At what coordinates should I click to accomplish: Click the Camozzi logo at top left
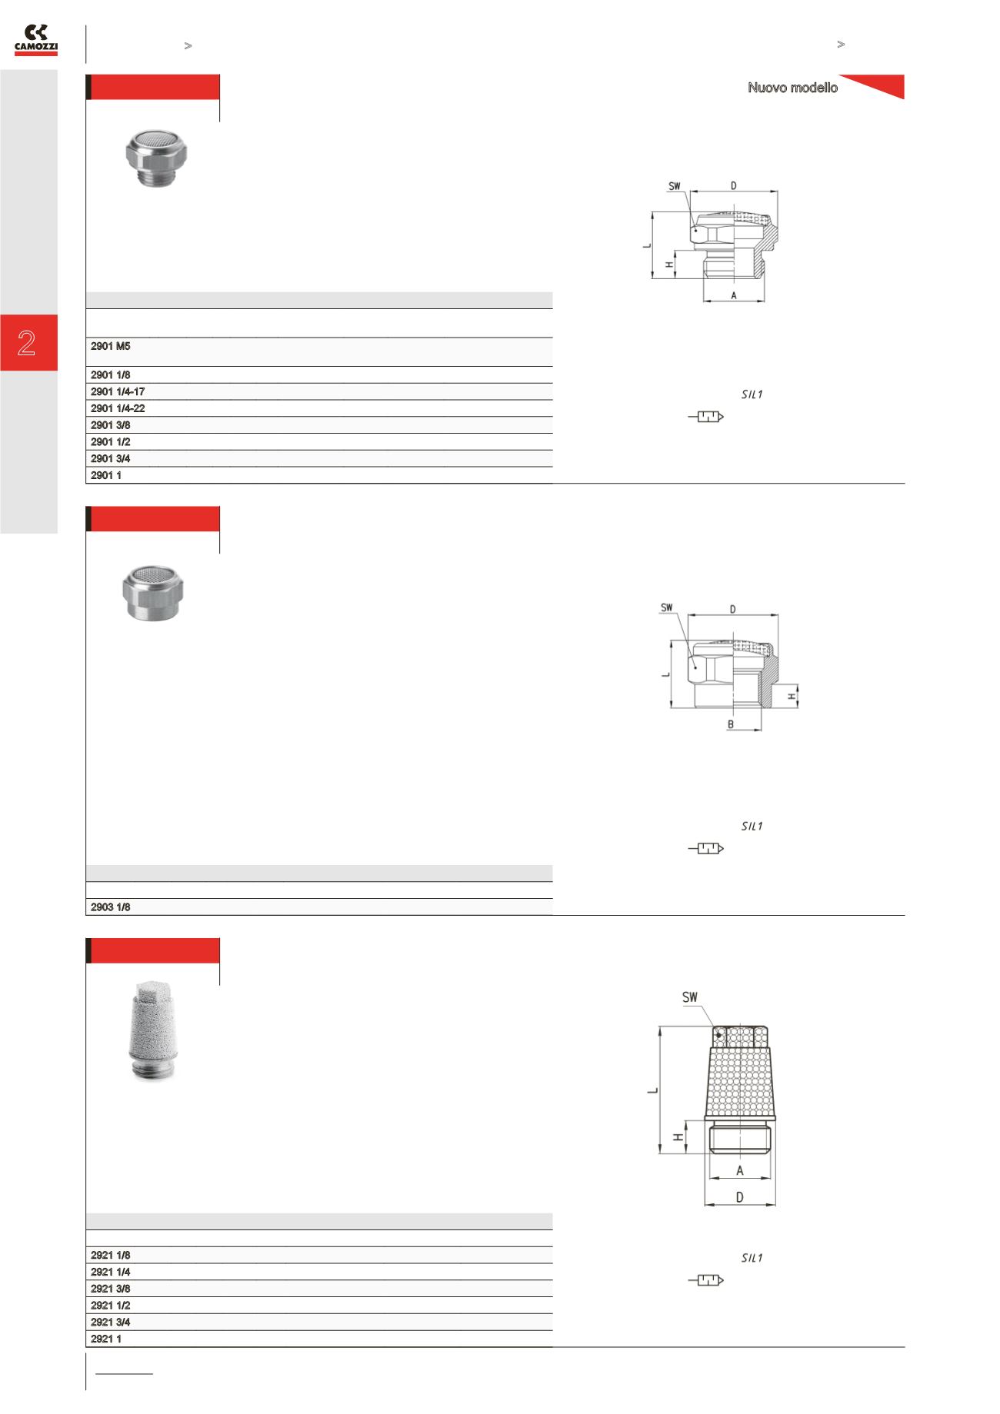click(x=36, y=39)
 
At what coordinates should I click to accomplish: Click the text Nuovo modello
click(x=792, y=88)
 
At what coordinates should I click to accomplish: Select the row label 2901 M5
click(x=111, y=346)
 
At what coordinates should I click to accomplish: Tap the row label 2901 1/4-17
click(x=118, y=391)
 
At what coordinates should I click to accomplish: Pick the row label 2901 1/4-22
click(x=118, y=408)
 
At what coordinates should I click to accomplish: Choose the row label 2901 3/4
click(x=111, y=458)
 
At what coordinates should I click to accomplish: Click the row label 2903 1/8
click(x=111, y=907)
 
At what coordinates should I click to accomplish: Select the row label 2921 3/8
click(x=111, y=1289)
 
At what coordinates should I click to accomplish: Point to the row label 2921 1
click(x=106, y=1339)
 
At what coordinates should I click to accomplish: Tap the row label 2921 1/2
click(x=111, y=1306)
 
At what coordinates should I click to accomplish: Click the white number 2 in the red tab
click(x=27, y=343)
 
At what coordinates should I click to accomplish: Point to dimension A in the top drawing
click(x=734, y=295)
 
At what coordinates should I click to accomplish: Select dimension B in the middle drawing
click(x=731, y=724)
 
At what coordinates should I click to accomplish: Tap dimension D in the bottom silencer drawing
click(x=740, y=1197)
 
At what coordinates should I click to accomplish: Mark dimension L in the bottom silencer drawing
click(x=652, y=1090)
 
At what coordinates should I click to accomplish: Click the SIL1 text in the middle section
click(x=752, y=827)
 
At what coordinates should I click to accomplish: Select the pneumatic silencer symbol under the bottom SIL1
click(x=706, y=1280)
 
